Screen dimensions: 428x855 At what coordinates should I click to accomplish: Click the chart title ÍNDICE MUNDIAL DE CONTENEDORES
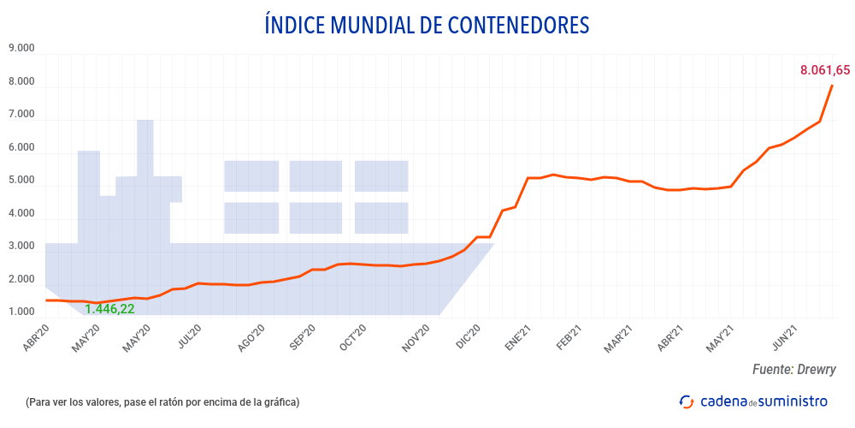(427, 25)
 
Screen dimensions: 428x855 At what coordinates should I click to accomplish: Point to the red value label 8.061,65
(824, 70)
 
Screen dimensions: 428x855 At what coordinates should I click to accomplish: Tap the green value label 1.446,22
(109, 309)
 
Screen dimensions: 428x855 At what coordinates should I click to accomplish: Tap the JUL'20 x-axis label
(190, 338)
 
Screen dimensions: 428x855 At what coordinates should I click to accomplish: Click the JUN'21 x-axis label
(785, 338)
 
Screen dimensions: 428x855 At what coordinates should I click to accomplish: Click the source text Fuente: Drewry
(793, 369)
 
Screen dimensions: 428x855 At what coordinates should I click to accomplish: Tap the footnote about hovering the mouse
(162, 401)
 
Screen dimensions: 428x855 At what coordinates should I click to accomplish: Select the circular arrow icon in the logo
(686, 401)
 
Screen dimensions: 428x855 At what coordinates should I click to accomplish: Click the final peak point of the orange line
(833, 85)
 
